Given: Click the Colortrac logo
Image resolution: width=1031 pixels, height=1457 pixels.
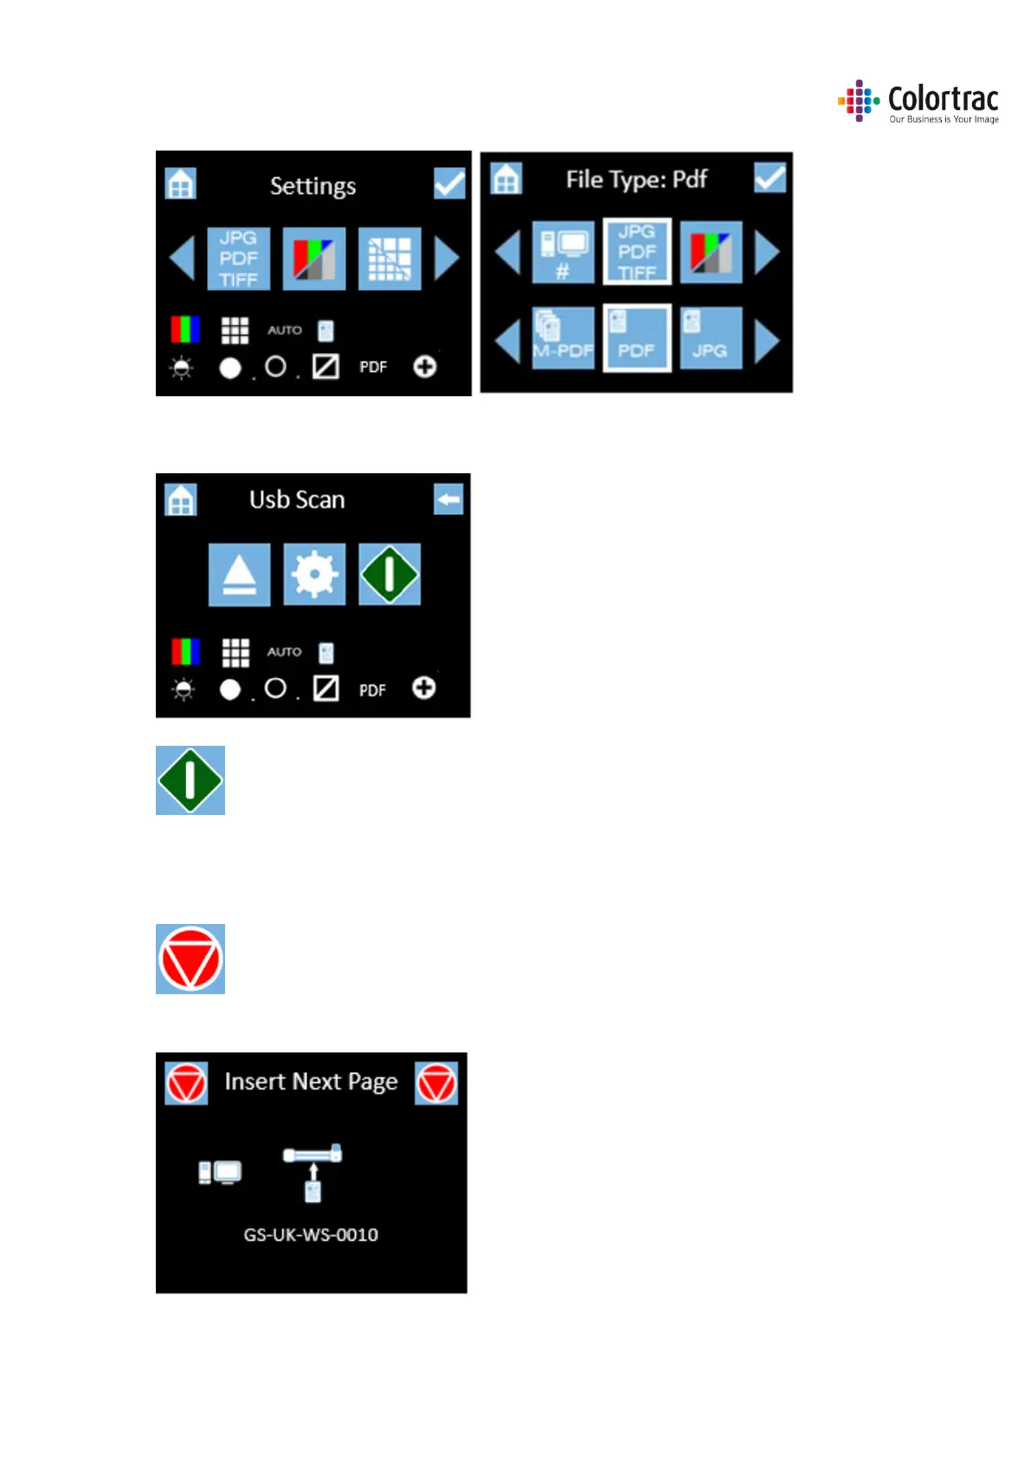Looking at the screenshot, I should click(x=918, y=102).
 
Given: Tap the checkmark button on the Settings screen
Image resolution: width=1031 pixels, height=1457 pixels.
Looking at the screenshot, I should click(x=449, y=183).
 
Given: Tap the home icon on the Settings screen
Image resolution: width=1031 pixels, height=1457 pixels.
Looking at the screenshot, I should click(x=181, y=183).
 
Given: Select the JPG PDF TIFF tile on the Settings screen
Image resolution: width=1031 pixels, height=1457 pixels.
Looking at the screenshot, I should click(x=238, y=259).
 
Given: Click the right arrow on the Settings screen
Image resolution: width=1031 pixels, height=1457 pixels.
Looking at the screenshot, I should click(x=446, y=258).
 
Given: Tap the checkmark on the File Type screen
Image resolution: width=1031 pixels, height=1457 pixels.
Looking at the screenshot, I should click(x=770, y=178).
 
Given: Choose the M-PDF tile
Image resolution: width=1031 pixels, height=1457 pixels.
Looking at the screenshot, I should click(x=563, y=338).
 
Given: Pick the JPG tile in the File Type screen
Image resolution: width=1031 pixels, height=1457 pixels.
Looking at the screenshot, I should click(x=711, y=338).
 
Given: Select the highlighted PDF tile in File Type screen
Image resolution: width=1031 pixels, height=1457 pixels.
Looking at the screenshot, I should click(x=636, y=338).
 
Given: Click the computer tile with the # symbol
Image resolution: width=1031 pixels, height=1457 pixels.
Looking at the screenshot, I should click(x=563, y=252).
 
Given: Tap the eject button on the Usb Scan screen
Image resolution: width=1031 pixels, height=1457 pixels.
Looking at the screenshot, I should click(x=239, y=574).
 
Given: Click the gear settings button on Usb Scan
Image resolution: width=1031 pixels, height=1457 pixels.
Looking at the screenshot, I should click(x=314, y=574).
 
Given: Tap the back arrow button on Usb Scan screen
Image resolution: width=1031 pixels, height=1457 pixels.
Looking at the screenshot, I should click(x=448, y=499).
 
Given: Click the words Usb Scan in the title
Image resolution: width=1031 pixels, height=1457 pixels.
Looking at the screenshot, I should click(x=297, y=499).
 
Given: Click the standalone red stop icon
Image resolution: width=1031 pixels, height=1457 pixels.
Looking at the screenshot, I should click(x=190, y=959).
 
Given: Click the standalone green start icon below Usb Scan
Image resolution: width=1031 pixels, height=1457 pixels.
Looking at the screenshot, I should click(x=190, y=780).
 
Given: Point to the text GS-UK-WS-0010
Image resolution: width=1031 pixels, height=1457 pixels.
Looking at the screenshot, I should click(x=311, y=1235).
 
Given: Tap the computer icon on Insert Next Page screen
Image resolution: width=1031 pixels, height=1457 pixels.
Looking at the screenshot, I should click(x=220, y=1172).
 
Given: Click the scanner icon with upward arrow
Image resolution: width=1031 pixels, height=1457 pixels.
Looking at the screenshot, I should click(x=313, y=1172).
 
